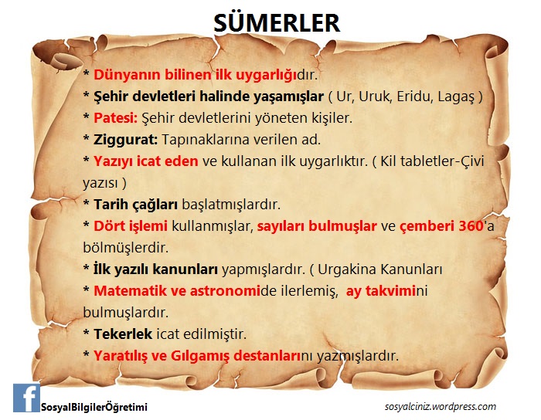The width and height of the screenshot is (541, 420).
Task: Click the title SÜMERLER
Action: [x=276, y=22]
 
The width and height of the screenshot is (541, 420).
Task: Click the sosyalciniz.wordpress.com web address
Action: [x=440, y=406]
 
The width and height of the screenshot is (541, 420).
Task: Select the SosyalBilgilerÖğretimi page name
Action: [x=94, y=407]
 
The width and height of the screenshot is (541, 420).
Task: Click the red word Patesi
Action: [x=115, y=119]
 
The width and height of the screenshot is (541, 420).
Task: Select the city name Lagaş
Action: [x=457, y=97]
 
